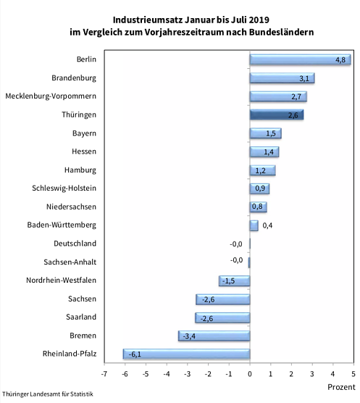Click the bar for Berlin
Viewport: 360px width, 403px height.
[x=299, y=59]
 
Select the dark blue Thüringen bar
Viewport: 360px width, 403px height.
[x=276, y=115]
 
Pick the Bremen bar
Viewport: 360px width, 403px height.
[x=214, y=336]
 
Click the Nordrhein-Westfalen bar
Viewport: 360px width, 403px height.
[x=234, y=281]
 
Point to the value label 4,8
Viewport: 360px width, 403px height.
[x=340, y=59]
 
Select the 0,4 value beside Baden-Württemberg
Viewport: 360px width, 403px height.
[x=267, y=225]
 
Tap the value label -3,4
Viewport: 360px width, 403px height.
[x=188, y=336]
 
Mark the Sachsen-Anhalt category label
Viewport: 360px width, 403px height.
[x=70, y=262]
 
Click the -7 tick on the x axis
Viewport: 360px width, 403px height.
[x=104, y=374]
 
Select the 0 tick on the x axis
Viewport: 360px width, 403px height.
[x=250, y=374]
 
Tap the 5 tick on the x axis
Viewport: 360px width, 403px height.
[x=353, y=374]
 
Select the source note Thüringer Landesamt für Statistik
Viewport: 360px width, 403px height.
[x=47, y=395]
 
